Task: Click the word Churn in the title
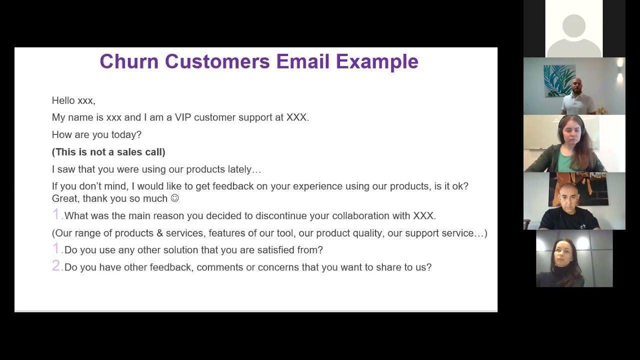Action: point(129,61)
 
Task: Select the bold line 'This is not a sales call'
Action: point(108,152)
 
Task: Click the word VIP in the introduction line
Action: point(183,117)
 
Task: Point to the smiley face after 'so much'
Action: point(174,198)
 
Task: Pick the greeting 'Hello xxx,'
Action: point(73,100)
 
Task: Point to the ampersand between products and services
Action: point(159,233)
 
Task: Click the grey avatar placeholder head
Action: point(573,25)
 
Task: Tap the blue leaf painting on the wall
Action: point(559,81)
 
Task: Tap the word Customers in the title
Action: point(217,61)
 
